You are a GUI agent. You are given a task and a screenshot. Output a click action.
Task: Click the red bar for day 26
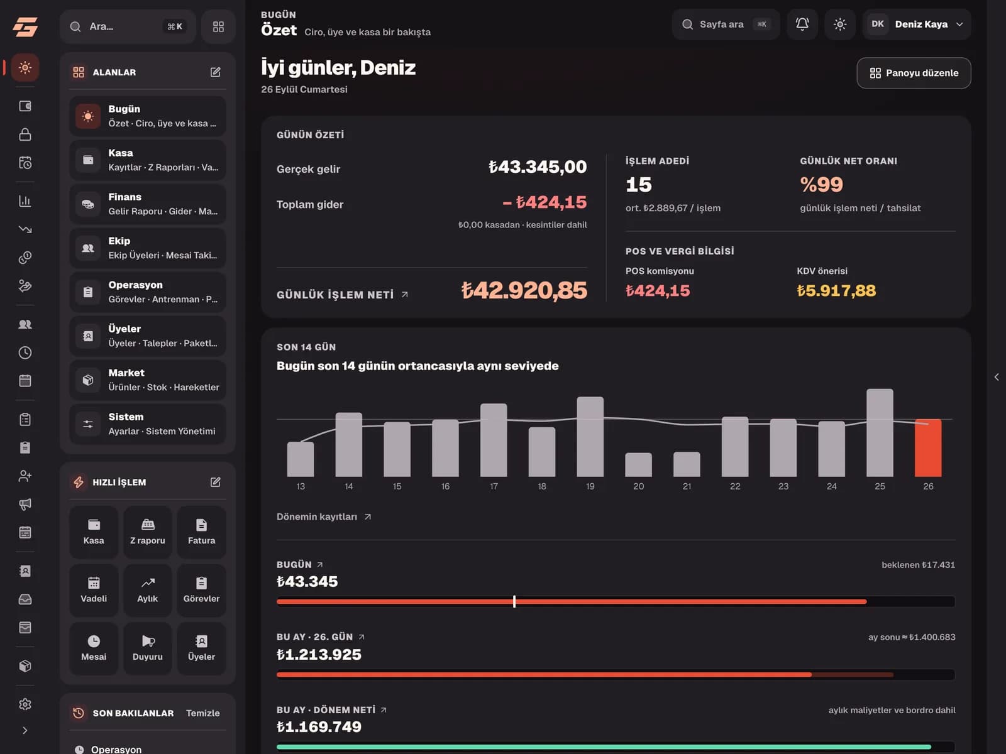(927, 448)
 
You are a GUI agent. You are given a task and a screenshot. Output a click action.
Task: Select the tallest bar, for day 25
(880, 433)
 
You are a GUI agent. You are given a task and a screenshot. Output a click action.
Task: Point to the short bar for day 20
(638, 465)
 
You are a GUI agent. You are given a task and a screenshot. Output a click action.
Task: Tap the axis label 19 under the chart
(590, 486)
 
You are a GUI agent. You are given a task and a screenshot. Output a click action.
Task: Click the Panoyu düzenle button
(914, 73)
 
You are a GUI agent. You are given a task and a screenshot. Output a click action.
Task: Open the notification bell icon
(802, 25)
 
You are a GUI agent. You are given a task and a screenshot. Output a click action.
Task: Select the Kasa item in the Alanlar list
(148, 160)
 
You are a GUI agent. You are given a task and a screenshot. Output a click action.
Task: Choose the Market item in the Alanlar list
(148, 380)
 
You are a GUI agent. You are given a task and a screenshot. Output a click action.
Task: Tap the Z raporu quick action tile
(148, 532)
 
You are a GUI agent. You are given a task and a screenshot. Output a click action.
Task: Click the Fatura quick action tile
(201, 532)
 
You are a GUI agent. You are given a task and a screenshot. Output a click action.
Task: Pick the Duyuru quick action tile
(148, 648)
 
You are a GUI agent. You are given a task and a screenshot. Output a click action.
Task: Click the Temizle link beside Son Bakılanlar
(202, 713)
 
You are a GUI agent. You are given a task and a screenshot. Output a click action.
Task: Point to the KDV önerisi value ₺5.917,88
(836, 290)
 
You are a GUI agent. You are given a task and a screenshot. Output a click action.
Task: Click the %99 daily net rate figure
(821, 184)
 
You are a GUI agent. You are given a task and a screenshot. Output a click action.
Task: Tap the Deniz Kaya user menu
(917, 25)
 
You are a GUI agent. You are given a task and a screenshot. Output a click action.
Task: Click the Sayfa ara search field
(726, 25)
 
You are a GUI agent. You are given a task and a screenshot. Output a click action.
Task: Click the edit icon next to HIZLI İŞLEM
(215, 481)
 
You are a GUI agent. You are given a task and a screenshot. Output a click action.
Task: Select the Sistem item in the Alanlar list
(148, 423)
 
